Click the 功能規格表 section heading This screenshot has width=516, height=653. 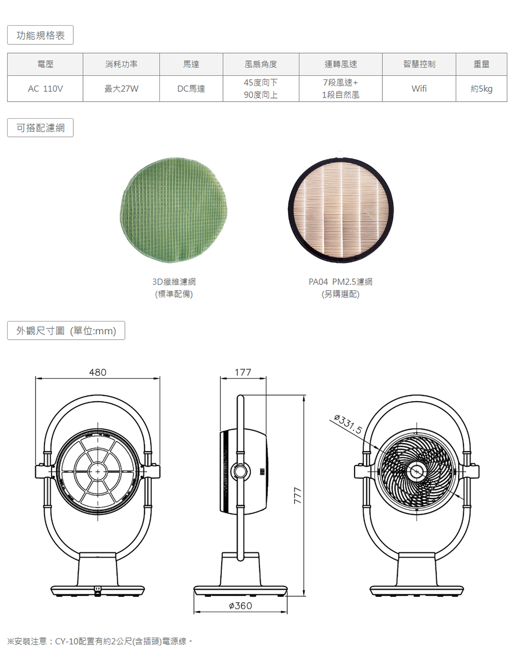coord(40,35)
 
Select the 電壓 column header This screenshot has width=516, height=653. coord(45,64)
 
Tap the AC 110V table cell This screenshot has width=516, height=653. coord(45,89)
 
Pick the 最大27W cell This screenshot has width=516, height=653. coord(121,89)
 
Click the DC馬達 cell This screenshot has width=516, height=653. coord(191,89)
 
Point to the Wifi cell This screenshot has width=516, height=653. coord(419,89)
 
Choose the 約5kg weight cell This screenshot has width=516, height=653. coord(481,89)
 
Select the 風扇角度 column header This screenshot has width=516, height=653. coord(261,64)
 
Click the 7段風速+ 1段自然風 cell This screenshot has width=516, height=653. coord(341,89)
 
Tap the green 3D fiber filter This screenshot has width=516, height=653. coord(174,210)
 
